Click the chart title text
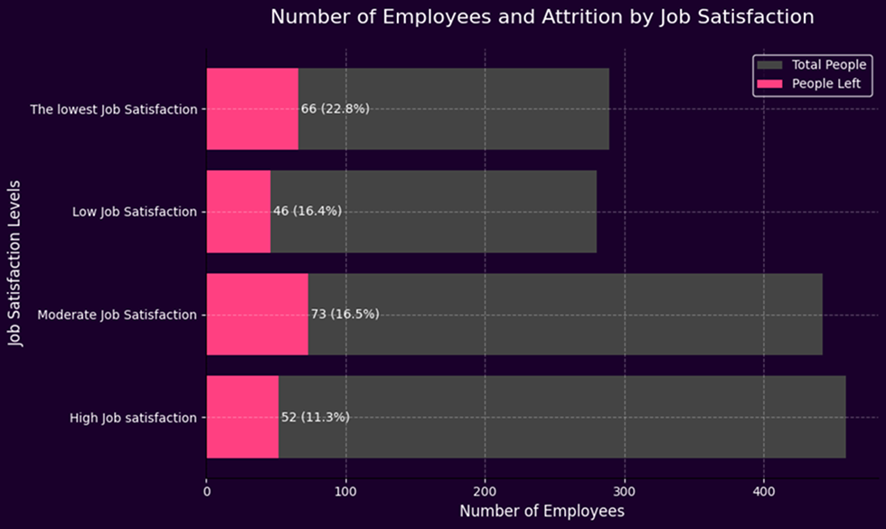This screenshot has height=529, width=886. pos(542,17)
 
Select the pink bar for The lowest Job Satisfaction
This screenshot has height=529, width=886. pos(252,109)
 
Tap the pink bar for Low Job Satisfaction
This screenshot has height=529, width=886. pos(239,212)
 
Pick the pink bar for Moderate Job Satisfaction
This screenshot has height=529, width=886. pos(257,315)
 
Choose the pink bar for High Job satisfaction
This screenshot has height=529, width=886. pos(242,417)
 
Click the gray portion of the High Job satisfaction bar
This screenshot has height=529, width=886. pos(561,417)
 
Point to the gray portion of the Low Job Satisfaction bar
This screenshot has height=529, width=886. pos(434,212)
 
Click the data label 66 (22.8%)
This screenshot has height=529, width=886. pos(335,109)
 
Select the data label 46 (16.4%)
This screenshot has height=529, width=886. pos(307,212)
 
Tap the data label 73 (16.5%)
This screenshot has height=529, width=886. pos(344,315)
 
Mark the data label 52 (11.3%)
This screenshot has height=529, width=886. pos(315,417)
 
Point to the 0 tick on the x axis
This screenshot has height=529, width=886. pos(207,493)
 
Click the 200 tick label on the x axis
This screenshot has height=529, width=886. pos(485,493)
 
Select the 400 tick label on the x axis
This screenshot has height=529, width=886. pos(764,493)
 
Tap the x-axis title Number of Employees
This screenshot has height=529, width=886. pos(542,513)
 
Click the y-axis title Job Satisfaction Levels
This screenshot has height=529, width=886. pos(15,263)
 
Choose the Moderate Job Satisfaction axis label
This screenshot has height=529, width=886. pos(117,315)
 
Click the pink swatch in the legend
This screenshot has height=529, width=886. pos(770,83)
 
